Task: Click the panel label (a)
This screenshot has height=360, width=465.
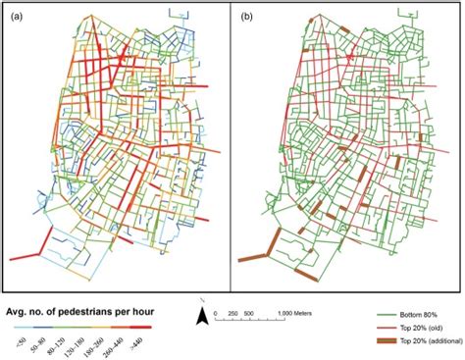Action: [16, 18]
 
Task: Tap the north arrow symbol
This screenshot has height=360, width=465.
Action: [200, 313]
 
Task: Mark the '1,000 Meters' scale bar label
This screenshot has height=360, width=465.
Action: [284, 314]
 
